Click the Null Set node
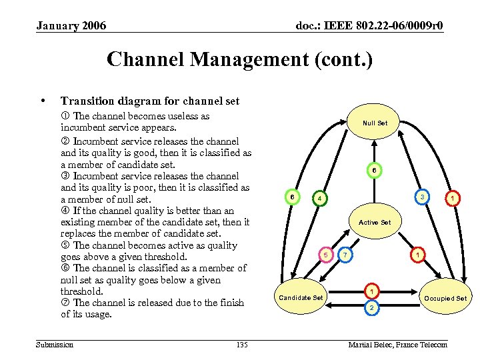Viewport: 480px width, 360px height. click(374, 123)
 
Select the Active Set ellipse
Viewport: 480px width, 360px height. click(374, 222)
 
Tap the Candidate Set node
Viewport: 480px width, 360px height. click(301, 297)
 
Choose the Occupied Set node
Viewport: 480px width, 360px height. click(445, 298)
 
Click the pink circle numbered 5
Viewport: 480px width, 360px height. click(326, 255)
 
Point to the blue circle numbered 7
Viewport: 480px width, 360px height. click(345, 255)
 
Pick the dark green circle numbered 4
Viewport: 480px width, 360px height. click(319, 199)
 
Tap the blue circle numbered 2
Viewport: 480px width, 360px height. click(371, 307)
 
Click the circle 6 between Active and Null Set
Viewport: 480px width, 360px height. click(374, 171)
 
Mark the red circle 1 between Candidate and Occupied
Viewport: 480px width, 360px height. click(371, 291)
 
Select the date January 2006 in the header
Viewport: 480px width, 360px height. click(71, 26)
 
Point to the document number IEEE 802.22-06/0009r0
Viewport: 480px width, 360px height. click(369, 26)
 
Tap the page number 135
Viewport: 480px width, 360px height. click(242, 344)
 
